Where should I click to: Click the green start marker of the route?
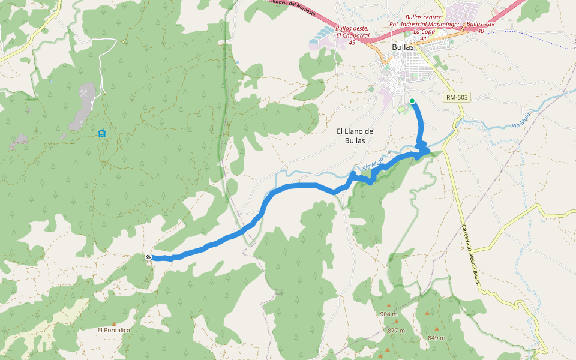[x=412, y=101]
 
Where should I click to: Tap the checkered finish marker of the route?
[x=148, y=257]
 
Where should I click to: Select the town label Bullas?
[x=403, y=47]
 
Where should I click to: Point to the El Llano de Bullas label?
[x=355, y=136]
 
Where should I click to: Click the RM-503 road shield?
[x=457, y=97]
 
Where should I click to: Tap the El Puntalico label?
[x=114, y=330]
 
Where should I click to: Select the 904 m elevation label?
[x=389, y=314]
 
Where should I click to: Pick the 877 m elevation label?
[x=396, y=331]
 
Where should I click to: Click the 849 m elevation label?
[x=436, y=338]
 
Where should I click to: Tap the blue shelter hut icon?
[x=102, y=133]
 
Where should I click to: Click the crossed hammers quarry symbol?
[x=87, y=93]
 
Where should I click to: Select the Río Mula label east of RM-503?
[x=521, y=119]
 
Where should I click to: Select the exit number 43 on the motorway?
[x=352, y=43]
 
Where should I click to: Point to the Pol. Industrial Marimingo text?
[x=424, y=24]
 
